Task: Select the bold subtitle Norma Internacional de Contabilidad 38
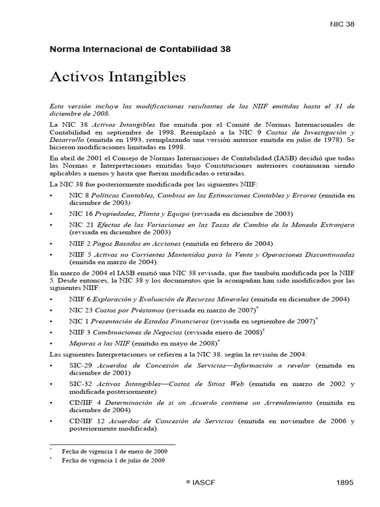[140, 49]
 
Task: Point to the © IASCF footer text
[200, 483]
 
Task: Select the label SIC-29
[81, 365]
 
